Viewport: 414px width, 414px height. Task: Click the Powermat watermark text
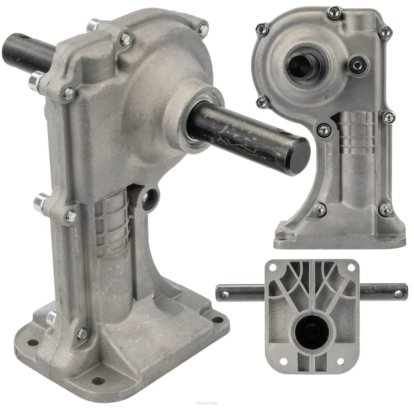tap(207, 403)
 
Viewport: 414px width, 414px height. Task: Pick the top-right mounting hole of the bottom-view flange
tap(351, 267)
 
